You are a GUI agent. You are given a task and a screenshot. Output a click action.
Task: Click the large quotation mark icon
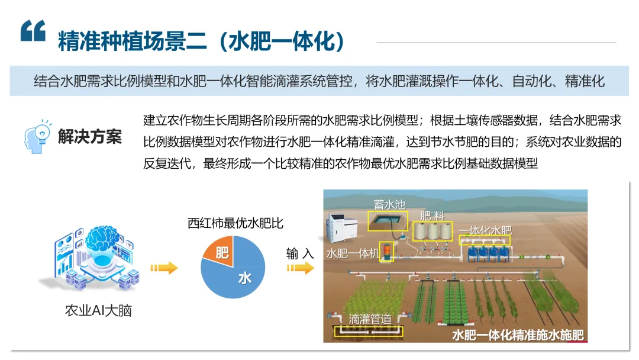click(33, 31)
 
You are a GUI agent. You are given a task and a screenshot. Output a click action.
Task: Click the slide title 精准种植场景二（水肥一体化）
click(201, 41)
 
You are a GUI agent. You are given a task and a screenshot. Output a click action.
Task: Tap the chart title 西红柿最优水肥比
click(235, 223)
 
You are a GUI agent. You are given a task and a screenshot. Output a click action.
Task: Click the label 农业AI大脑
click(98, 310)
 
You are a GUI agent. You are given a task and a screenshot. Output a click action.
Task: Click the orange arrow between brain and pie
click(163, 268)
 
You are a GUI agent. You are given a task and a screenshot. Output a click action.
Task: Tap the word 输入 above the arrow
click(300, 253)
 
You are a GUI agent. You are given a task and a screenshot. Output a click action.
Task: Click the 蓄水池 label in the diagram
click(389, 204)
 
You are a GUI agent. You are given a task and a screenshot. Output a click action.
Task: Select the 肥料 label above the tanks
click(433, 215)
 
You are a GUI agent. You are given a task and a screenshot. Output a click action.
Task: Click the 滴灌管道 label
click(370, 319)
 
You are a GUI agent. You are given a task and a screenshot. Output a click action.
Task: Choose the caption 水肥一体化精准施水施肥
click(518, 335)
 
